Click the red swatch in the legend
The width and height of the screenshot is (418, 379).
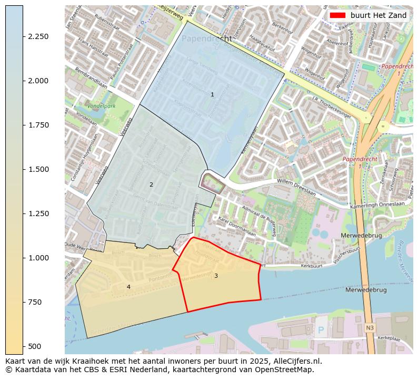click(x=339, y=16)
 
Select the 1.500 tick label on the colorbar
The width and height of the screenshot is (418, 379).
click(x=38, y=169)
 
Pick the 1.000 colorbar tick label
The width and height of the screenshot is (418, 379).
click(x=38, y=258)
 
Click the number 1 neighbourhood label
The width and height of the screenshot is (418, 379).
click(x=212, y=95)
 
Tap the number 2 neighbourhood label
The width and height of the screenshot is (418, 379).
click(x=151, y=184)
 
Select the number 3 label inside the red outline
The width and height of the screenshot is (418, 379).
click(x=216, y=276)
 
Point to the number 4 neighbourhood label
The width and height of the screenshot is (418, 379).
click(x=128, y=287)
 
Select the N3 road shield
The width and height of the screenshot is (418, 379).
click(x=370, y=328)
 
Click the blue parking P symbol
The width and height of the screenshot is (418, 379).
click(x=321, y=331)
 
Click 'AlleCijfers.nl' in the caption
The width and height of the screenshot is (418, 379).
click(x=295, y=362)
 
